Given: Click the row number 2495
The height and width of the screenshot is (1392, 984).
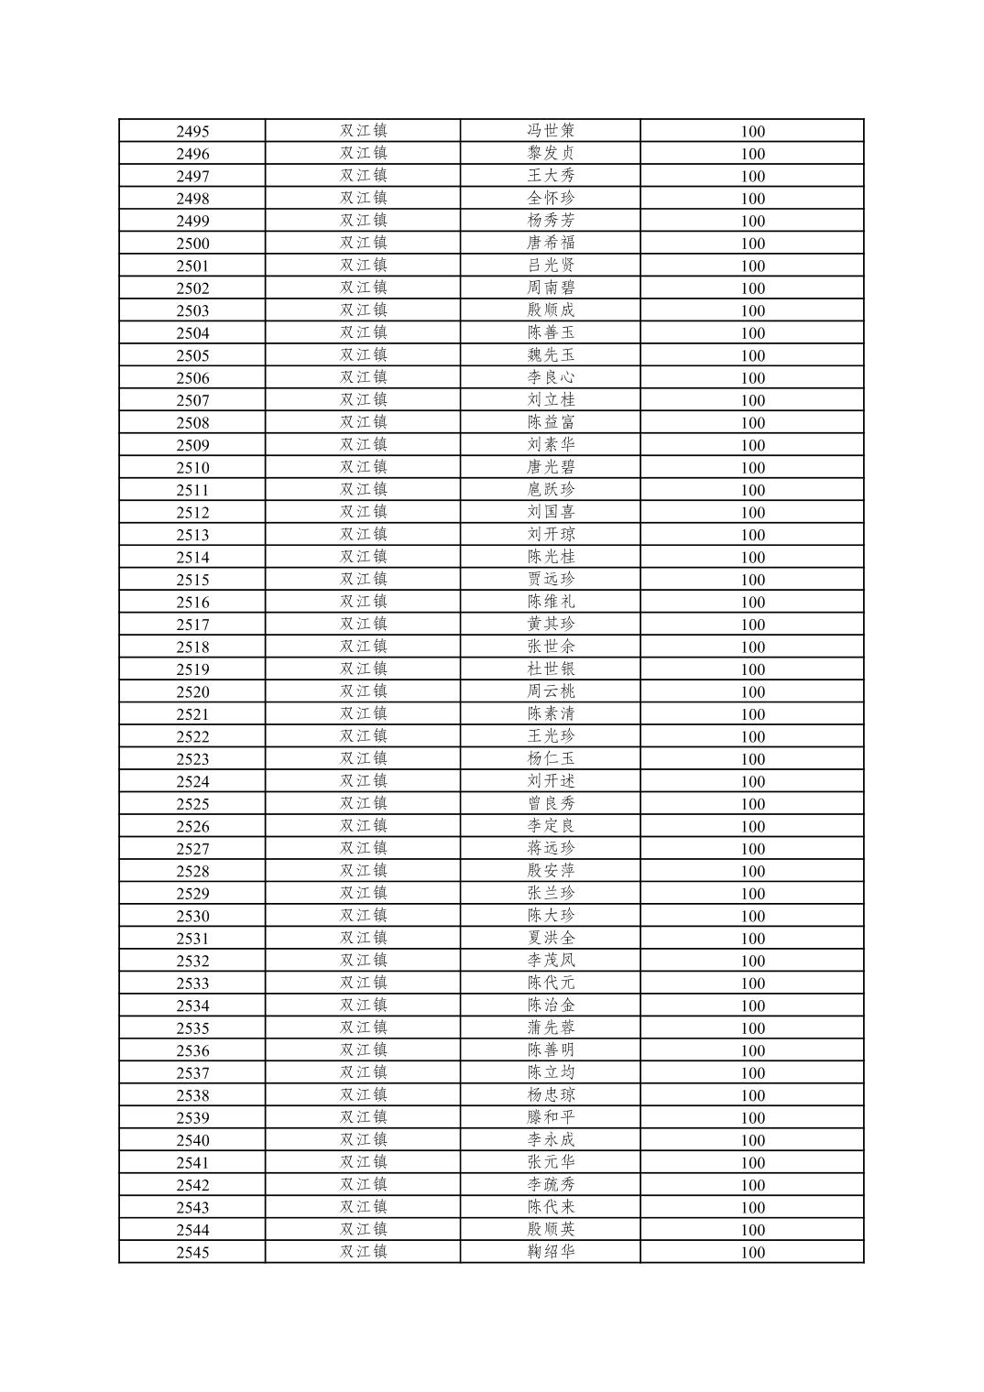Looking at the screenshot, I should (x=192, y=131).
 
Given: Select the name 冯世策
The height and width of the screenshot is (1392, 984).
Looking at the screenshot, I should (x=551, y=131).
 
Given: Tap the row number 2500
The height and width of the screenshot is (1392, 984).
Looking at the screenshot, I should (x=192, y=244).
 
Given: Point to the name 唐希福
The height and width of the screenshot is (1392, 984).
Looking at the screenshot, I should (x=551, y=243).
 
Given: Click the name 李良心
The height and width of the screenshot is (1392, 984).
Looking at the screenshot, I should (x=551, y=377).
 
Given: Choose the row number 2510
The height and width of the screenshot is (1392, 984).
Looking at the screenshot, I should (x=192, y=468).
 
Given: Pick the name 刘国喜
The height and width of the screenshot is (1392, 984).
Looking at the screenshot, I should (x=551, y=512).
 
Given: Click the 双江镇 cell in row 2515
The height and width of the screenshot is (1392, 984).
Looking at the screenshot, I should (x=364, y=579).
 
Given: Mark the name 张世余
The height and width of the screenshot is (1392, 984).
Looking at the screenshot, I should (x=551, y=647).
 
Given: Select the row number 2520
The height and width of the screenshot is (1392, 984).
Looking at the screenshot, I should (x=192, y=692).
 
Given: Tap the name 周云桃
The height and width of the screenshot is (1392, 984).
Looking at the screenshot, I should (x=551, y=691).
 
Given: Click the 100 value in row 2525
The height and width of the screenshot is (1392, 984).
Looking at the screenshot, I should (x=752, y=804).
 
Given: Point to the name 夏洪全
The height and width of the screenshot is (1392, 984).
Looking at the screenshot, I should (x=551, y=938).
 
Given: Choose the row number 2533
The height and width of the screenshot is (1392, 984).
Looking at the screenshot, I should (x=192, y=984).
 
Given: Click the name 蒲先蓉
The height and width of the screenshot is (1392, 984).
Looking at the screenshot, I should (x=551, y=1028).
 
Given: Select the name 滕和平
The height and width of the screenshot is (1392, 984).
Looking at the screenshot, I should (x=551, y=1117).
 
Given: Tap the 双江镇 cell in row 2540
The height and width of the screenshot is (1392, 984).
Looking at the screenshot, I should (x=364, y=1139).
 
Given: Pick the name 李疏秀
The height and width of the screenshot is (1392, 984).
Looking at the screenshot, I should (x=551, y=1184).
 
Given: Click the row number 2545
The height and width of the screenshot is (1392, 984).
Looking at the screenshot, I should (x=192, y=1253).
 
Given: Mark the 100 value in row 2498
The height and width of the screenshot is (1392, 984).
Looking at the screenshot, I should (x=752, y=199).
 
